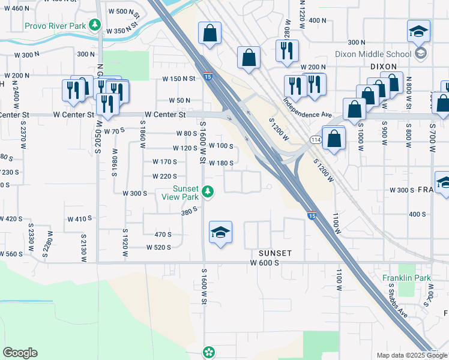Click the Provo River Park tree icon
94,25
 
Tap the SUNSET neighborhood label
275,253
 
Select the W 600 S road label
265,263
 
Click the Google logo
20,353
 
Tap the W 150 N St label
179,79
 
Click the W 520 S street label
158,247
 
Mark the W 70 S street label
113,130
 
